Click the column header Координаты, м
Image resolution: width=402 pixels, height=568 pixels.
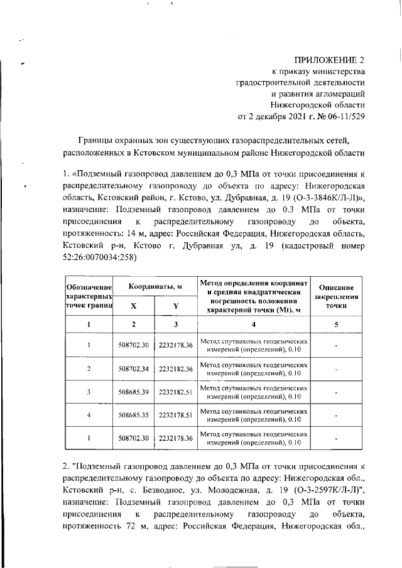coord(155,286)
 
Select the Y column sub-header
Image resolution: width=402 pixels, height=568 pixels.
coord(176,306)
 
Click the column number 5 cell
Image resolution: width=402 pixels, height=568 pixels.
coord(337,324)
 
